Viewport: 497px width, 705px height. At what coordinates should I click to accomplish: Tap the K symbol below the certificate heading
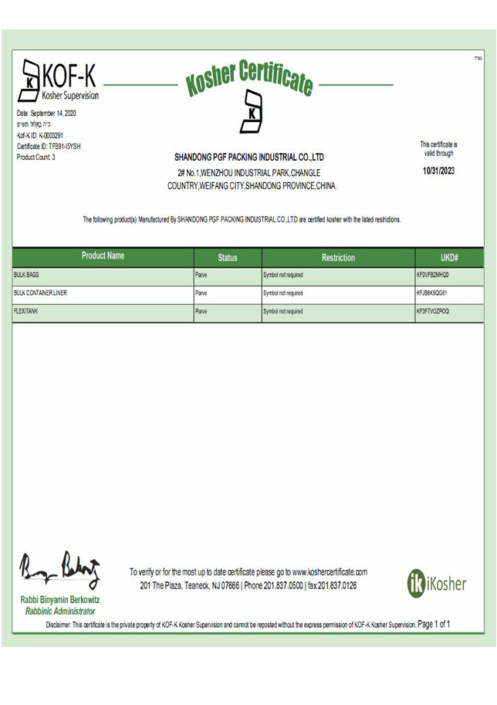pyautogui.click(x=252, y=111)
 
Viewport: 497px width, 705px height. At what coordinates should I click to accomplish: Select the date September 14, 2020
pyautogui.click(x=46, y=114)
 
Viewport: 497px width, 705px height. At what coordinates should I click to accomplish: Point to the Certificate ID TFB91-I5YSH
pyautogui.click(x=49, y=146)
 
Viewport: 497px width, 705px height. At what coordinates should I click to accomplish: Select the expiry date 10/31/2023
pyautogui.click(x=439, y=171)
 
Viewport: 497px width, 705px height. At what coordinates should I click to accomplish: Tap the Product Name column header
pyautogui.click(x=103, y=256)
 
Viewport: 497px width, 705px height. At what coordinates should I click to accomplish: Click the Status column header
pyautogui.click(x=228, y=258)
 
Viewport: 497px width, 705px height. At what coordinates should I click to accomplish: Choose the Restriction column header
pyautogui.click(x=338, y=258)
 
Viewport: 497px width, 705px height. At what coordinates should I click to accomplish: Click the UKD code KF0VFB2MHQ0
pyautogui.click(x=433, y=275)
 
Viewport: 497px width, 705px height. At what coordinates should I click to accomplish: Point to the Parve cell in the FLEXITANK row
pyautogui.click(x=201, y=312)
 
